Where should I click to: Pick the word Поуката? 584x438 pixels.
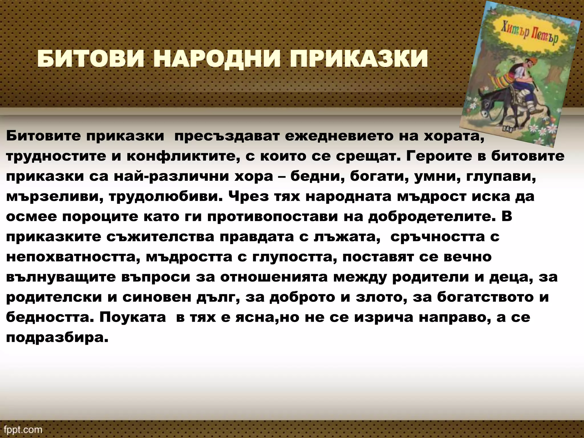(132, 317)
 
